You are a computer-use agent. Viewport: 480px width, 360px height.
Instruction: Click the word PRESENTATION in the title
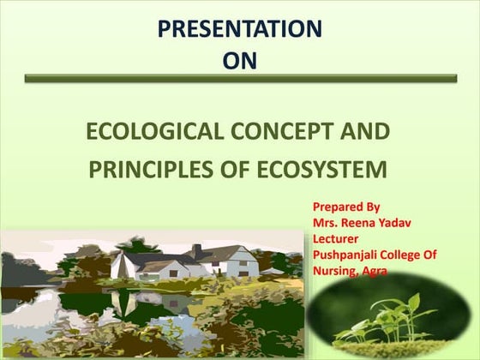[x=239, y=28]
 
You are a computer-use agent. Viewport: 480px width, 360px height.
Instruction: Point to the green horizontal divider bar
[x=240, y=78]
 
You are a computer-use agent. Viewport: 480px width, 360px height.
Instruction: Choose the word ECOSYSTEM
[x=331, y=170]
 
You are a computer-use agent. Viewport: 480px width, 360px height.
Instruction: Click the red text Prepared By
[x=346, y=207]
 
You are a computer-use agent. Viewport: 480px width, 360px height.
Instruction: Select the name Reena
[x=361, y=223]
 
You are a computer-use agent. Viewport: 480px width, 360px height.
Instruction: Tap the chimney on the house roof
[x=196, y=250]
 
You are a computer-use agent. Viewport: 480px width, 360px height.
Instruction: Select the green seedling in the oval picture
[x=390, y=317]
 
